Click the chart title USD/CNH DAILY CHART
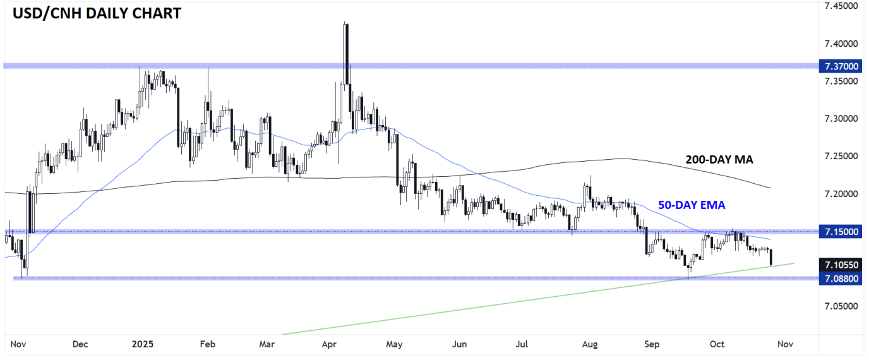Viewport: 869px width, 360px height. pos(94,13)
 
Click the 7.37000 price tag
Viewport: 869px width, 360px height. pos(841,66)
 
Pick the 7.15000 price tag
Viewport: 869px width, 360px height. pos(841,232)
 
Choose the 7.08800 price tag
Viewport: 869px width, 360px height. pos(841,279)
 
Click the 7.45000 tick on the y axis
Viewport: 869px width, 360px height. pos(841,6)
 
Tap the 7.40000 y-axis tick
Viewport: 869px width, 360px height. pos(841,44)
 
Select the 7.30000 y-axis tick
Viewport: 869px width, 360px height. pos(841,119)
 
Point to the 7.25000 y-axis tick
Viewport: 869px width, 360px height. pos(841,156)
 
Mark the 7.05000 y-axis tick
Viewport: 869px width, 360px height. pos(841,306)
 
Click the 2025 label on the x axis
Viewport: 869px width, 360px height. pos(143,344)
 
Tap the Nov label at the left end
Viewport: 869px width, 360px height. pos(18,344)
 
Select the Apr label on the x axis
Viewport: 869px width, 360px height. pos(328,344)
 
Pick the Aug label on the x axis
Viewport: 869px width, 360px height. pos(589,344)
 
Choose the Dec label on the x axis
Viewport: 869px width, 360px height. pos(80,344)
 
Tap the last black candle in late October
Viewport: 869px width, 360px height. pos(772,257)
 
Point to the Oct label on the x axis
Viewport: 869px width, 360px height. pos(717,344)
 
